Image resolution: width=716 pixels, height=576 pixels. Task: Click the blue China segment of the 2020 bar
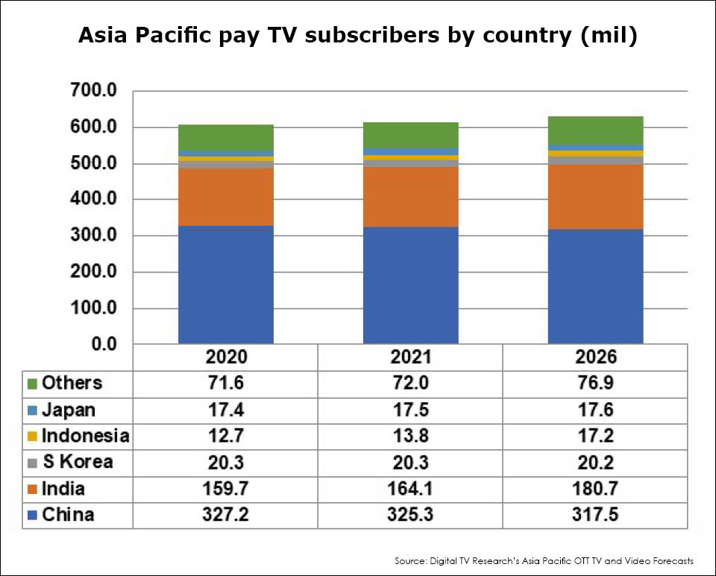coord(225,285)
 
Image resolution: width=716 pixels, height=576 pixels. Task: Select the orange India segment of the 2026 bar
coord(595,197)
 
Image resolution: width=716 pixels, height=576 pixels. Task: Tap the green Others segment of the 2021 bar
coord(410,135)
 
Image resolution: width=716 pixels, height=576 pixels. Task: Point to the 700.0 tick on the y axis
coord(93,92)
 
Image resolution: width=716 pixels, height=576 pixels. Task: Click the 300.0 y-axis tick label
coord(93,236)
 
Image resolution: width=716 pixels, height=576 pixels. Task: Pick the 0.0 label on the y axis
coord(104,344)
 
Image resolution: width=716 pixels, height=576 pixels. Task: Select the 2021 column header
coord(410,357)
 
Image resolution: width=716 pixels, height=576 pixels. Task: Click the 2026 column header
coord(595,357)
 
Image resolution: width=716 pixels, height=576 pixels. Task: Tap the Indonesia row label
coord(85,436)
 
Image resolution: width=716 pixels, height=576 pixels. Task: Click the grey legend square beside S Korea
coord(32,463)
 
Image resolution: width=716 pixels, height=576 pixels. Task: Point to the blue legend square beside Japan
coord(32,411)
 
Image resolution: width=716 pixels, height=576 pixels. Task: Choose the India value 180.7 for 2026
coord(595,489)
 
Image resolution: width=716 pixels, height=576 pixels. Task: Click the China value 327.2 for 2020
coord(225,515)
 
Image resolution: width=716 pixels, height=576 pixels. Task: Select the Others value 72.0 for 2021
coord(410,384)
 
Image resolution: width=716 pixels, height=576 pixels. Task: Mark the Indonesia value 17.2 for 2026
coord(595,436)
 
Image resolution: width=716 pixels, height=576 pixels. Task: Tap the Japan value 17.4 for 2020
coord(225,410)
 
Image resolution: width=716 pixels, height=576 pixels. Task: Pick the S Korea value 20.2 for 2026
coord(595,462)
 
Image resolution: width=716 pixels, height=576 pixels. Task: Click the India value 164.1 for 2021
coord(410,489)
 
